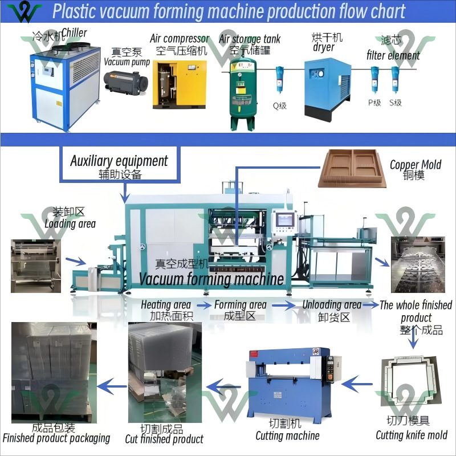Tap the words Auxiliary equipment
[119, 161]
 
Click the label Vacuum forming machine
[211, 279]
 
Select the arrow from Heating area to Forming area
[202, 305]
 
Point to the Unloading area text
[332, 305]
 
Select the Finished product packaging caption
[56, 438]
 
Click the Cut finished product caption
[164, 439]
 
